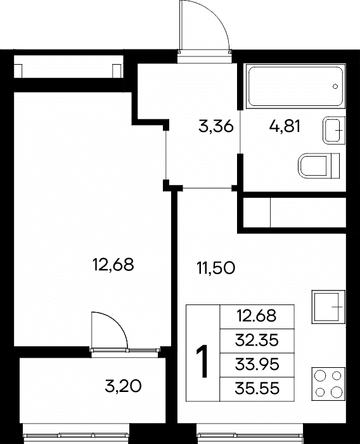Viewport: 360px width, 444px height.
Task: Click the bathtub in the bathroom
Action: coord(296,86)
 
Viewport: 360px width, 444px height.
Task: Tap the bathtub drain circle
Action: coord(335,86)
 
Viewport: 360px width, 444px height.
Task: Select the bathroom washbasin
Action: coord(334,130)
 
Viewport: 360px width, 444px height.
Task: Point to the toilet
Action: coord(319,166)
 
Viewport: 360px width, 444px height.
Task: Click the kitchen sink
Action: coord(328,306)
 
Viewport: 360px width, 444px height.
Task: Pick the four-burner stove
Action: coord(328,384)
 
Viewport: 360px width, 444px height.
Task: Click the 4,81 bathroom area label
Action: coord(285,126)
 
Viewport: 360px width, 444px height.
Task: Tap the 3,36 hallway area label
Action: coord(216,126)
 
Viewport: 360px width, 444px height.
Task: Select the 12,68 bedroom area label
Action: coord(113,265)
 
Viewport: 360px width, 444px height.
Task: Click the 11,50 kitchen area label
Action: coord(216,268)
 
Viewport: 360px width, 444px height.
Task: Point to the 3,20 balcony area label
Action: coord(123,386)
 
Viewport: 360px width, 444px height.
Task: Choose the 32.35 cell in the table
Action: coord(257,341)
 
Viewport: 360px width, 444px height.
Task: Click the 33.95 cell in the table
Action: coord(257,365)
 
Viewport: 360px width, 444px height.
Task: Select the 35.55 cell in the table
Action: coord(257,388)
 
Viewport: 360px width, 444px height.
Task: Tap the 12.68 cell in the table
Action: coord(257,317)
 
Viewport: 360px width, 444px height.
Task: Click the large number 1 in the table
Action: coord(202,362)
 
